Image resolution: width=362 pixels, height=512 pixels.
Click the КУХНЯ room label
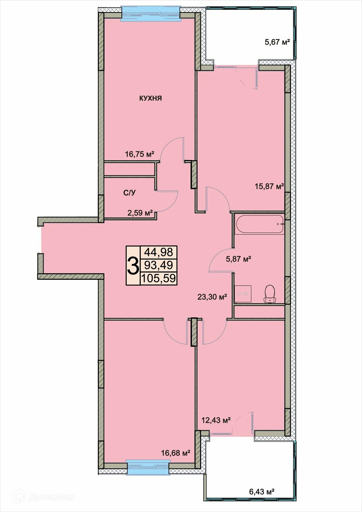pyautogui.click(x=150, y=98)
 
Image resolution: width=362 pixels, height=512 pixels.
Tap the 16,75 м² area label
pyautogui.click(x=140, y=154)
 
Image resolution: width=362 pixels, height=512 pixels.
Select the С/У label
pyautogui.click(x=130, y=193)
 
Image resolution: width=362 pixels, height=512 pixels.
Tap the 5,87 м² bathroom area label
pyautogui.click(x=239, y=259)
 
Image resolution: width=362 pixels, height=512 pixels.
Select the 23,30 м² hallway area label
pyautogui.click(x=212, y=297)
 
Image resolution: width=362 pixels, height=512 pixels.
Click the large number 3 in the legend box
pyautogui.click(x=133, y=265)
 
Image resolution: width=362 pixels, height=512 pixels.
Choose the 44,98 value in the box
pyautogui.click(x=159, y=252)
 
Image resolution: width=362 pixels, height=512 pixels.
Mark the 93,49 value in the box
pyautogui.click(x=159, y=265)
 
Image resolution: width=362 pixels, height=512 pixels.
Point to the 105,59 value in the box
pyautogui.click(x=159, y=278)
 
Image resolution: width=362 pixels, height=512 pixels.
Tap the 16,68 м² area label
pyautogui.click(x=175, y=453)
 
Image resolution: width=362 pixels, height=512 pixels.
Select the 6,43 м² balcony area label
pyautogui.click(x=262, y=491)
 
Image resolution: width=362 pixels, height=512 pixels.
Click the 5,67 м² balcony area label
pyautogui.click(x=277, y=42)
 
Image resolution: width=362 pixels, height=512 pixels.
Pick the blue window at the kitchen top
pyautogui.click(x=151, y=13)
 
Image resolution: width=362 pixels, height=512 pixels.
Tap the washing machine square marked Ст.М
pyautogui.click(x=243, y=294)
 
